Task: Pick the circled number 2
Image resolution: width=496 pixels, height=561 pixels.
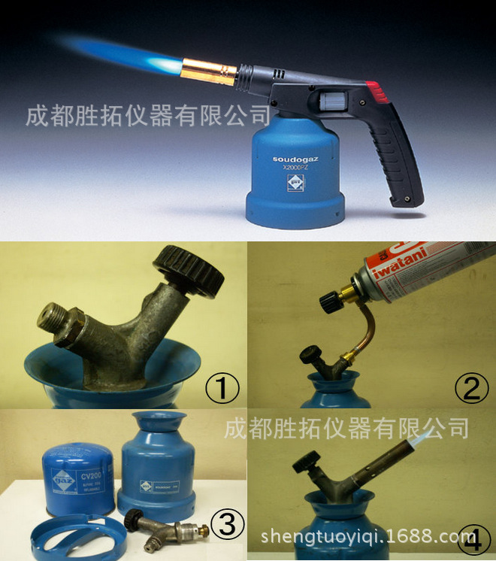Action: (x=471, y=388)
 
